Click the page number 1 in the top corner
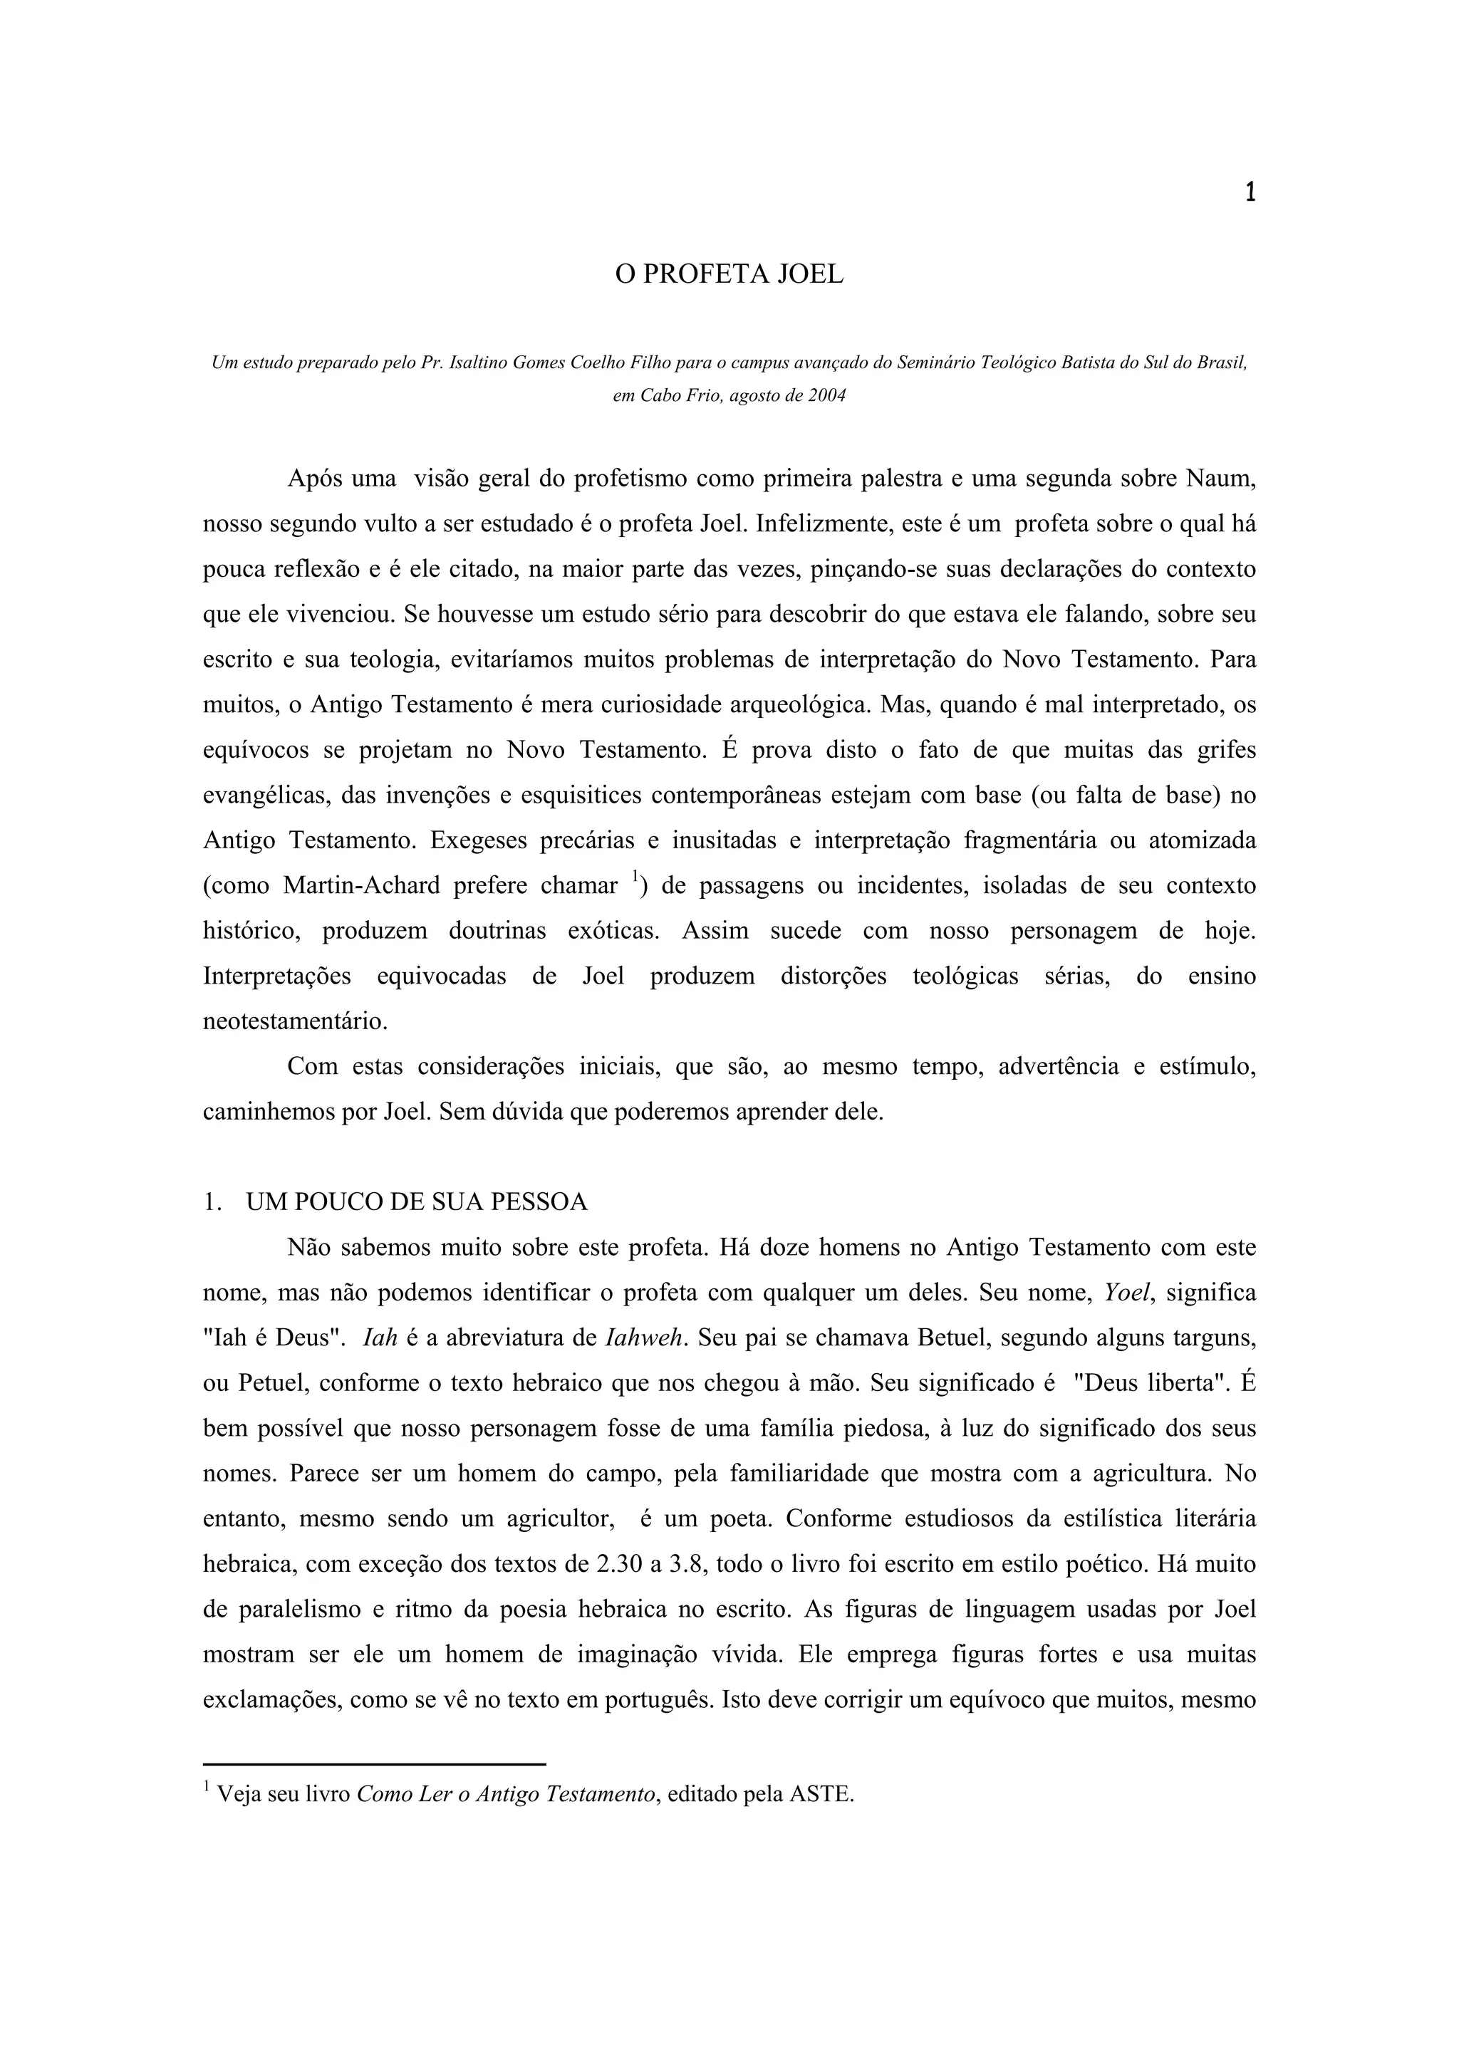[1250, 192]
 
